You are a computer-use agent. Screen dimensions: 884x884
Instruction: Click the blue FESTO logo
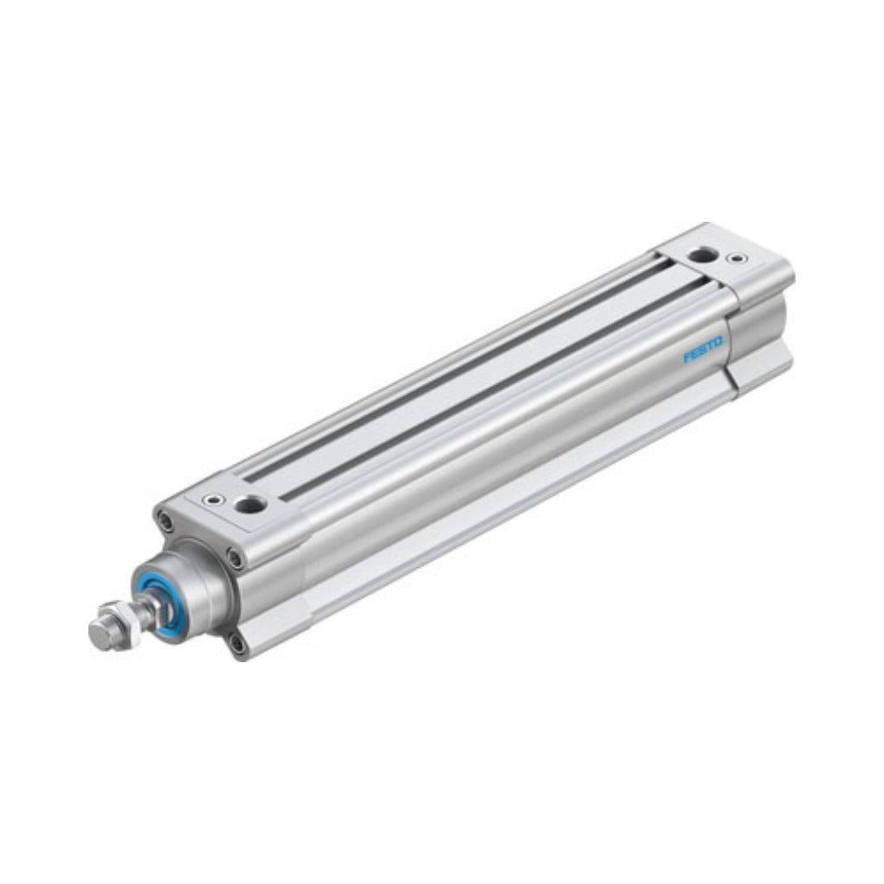tap(703, 349)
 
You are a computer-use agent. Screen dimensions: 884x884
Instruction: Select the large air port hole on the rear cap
tap(700, 256)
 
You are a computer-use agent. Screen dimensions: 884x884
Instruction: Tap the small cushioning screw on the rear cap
tap(737, 259)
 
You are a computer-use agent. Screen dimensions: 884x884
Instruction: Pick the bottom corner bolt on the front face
tap(238, 643)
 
